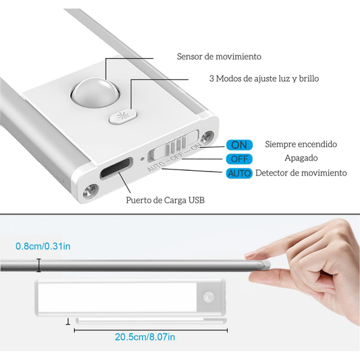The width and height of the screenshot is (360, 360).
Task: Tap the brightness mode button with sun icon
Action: click(x=122, y=116)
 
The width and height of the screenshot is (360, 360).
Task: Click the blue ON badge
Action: click(x=240, y=145)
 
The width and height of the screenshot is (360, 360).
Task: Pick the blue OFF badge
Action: click(x=240, y=159)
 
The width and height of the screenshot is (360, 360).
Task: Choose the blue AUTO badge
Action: click(x=240, y=173)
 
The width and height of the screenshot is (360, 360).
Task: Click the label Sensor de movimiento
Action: click(x=219, y=57)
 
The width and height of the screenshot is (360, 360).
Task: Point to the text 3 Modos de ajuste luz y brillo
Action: click(x=263, y=79)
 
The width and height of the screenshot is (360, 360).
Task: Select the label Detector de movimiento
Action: click(x=301, y=173)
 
